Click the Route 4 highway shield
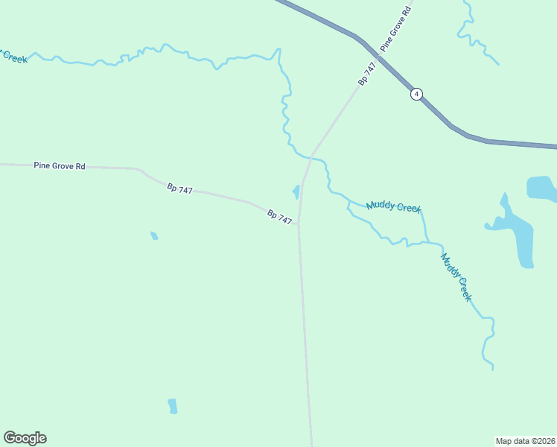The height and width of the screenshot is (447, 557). pyautogui.click(x=416, y=94)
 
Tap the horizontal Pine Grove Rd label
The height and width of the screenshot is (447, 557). pyautogui.click(x=60, y=165)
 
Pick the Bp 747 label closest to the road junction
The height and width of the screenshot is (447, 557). pyautogui.click(x=280, y=216)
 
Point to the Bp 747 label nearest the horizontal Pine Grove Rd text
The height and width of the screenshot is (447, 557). pyautogui.click(x=179, y=189)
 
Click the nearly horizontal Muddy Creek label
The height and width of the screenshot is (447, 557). pyautogui.click(x=393, y=207)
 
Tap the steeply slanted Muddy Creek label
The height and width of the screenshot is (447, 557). pyautogui.click(x=456, y=277)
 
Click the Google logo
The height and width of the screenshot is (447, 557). pyautogui.click(x=25, y=438)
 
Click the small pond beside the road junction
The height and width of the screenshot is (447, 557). pyautogui.click(x=296, y=192)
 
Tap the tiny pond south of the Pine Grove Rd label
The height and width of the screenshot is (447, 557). pyautogui.click(x=154, y=236)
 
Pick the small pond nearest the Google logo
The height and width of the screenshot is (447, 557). pyautogui.click(x=173, y=406)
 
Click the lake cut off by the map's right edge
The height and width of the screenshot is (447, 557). pyautogui.click(x=541, y=189)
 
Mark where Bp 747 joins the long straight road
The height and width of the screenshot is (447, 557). pyautogui.click(x=299, y=223)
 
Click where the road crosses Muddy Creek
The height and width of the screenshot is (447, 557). pyautogui.click(x=313, y=156)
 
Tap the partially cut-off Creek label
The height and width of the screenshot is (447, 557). pyautogui.click(x=13, y=57)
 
